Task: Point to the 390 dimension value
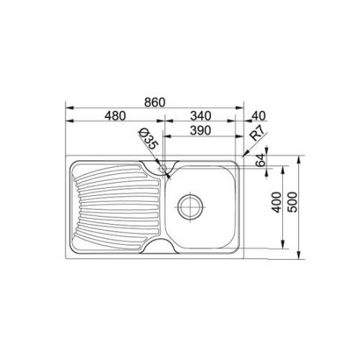[203, 132]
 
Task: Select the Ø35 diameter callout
[148, 139]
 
